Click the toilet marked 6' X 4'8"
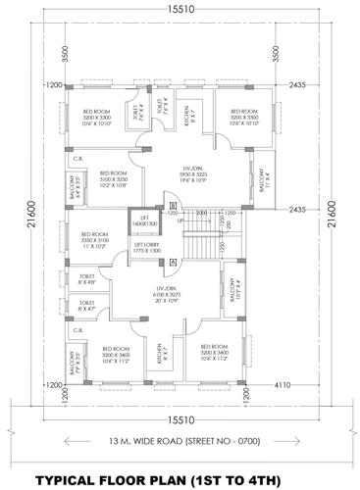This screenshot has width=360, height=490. click(x=87, y=279)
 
